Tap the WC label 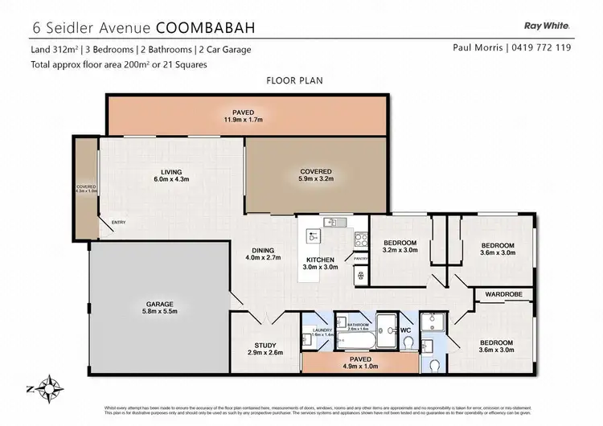pos(406,330)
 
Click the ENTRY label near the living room pos(118,223)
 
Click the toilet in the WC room pos(410,343)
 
